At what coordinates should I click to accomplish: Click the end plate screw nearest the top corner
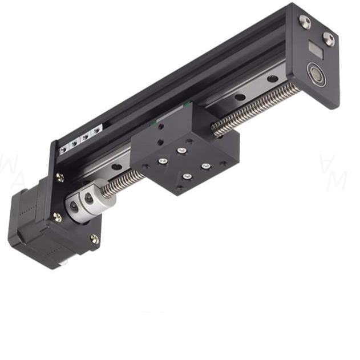point(305,22)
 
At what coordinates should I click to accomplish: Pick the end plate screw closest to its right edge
point(329,38)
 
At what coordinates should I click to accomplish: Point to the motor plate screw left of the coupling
point(57,217)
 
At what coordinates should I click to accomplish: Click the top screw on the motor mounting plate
point(60,177)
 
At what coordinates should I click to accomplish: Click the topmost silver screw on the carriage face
point(181,151)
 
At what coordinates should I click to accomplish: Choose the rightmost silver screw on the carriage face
point(205,166)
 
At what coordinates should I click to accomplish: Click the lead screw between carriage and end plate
point(257,108)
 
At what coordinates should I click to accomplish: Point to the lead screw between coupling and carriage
point(123,181)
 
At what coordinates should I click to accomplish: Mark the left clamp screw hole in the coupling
point(73,206)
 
